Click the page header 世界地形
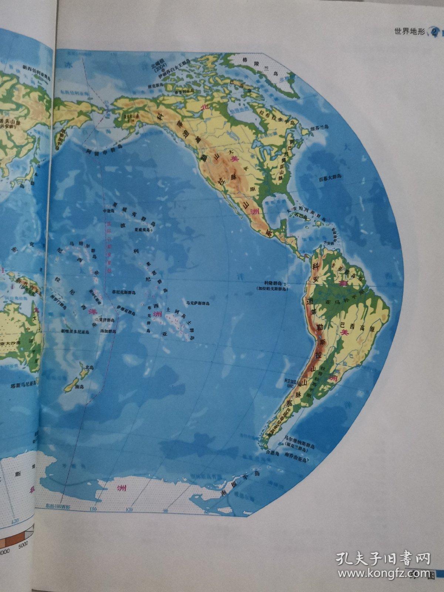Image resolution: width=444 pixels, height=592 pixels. coord(410,33)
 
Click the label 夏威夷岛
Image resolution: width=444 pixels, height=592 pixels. coord(143,229)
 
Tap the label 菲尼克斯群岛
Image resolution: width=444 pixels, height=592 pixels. coord(124,292)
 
